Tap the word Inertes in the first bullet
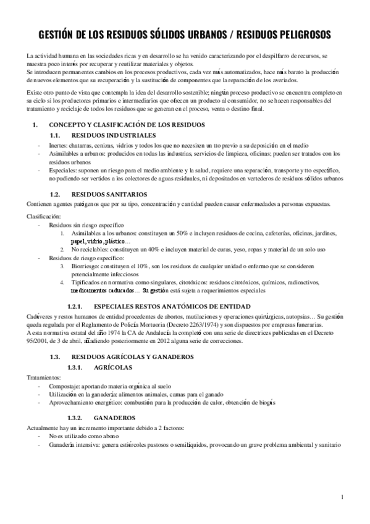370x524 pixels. (51, 144)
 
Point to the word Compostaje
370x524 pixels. (58, 385)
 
